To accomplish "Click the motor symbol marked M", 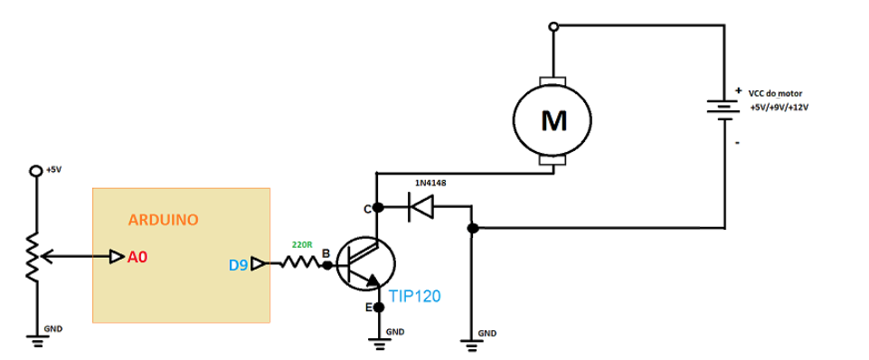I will [x=552, y=120].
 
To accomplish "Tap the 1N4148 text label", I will [x=430, y=184].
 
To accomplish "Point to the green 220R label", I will [x=301, y=245].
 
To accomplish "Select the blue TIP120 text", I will [x=414, y=295].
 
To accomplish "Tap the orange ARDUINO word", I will [x=163, y=220].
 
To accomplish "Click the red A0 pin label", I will [x=137, y=258].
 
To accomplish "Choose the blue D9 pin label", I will [x=237, y=265].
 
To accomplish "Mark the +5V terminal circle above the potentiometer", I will [x=36, y=170].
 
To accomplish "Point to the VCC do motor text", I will [x=775, y=93].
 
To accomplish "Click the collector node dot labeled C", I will [x=377, y=209].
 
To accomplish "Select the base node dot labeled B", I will [x=327, y=265].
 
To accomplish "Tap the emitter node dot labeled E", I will [x=377, y=308].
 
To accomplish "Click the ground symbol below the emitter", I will [x=377, y=341].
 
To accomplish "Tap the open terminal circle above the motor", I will [x=553, y=26].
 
